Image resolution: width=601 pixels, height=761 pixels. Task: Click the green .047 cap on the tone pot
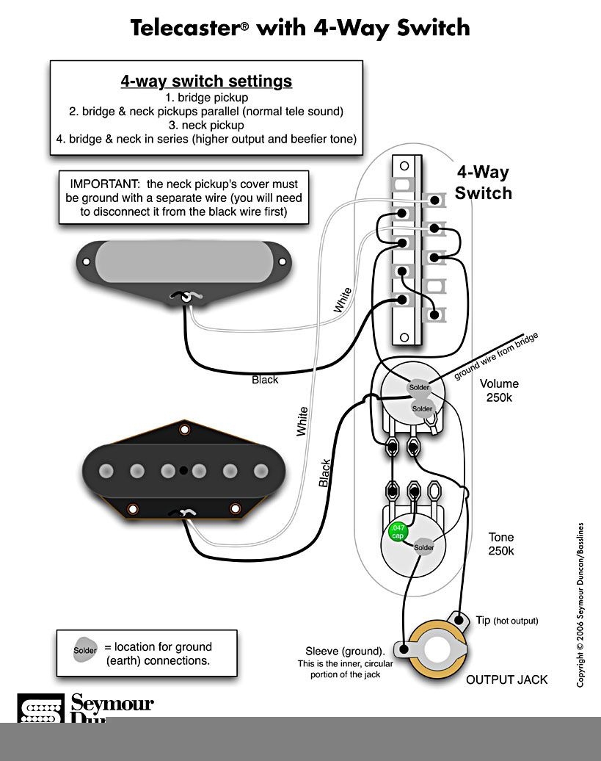pyautogui.click(x=396, y=532)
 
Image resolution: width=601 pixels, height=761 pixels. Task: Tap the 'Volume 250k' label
pyautogui.click(x=499, y=390)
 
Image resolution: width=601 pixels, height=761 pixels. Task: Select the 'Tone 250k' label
pyautogui.click(x=501, y=544)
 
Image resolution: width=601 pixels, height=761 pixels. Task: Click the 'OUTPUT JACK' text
pyautogui.click(x=506, y=679)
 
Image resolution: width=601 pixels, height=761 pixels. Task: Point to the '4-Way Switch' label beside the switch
pyautogui.click(x=483, y=182)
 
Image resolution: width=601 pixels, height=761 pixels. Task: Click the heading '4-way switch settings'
pyautogui.click(x=206, y=81)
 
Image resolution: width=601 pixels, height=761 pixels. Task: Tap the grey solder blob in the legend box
pyautogui.click(x=84, y=649)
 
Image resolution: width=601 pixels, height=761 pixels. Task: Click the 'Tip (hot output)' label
pyautogui.click(x=506, y=621)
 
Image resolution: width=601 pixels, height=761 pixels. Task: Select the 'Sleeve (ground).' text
pyautogui.click(x=345, y=651)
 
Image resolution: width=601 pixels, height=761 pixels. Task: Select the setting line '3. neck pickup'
pyautogui.click(x=206, y=125)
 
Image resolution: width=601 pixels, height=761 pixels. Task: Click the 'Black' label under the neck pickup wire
pyautogui.click(x=265, y=380)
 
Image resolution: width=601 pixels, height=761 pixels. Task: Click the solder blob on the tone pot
pyautogui.click(x=424, y=547)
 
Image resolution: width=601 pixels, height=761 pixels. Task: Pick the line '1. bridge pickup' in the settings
pyautogui.click(x=206, y=97)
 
